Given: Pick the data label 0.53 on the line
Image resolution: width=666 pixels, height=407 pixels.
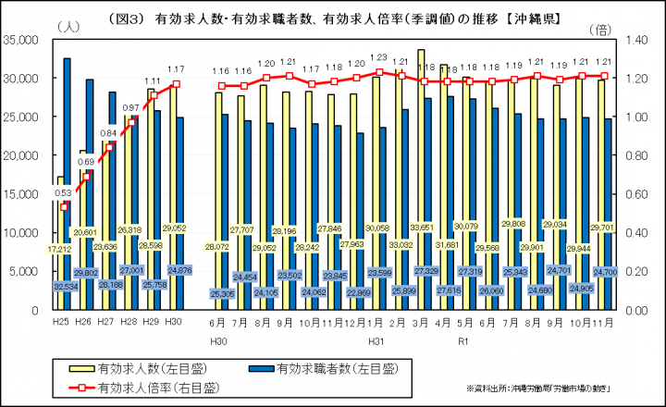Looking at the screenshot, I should point(63,193).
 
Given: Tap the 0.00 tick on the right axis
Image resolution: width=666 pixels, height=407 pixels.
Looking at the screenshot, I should point(635,311).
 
